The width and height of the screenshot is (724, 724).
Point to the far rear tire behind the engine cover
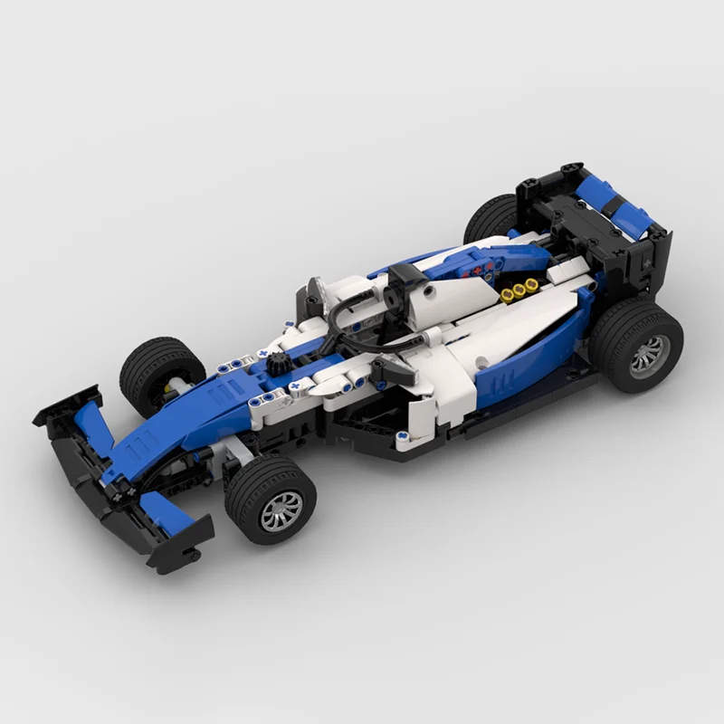tap(490, 218)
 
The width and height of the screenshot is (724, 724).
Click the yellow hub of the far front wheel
tap(170, 392)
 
